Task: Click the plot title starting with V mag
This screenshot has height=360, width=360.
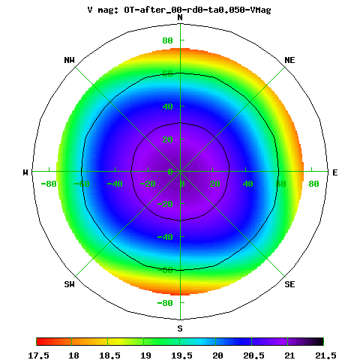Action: tap(179, 10)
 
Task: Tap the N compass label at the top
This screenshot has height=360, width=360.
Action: tap(180, 17)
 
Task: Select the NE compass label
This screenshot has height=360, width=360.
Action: tap(289, 60)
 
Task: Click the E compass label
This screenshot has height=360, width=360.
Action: tap(335, 172)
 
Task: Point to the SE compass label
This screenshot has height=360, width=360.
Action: tap(289, 284)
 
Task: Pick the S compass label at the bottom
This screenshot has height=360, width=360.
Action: tap(180, 328)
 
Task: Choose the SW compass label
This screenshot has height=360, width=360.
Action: tap(69, 284)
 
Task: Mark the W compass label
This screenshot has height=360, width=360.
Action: tap(25, 172)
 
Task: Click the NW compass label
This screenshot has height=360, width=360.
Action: tap(69, 60)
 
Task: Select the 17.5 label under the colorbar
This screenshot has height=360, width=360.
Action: tap(38, 355)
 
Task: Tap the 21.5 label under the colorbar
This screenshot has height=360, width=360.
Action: tap(325, 355)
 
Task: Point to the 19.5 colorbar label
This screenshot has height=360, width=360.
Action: tap(181, 355)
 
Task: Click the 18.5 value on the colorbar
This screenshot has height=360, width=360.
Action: tap(109, 355)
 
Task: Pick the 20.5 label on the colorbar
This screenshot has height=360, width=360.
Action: tap(253, 355)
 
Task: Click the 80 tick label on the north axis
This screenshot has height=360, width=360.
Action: tap(167, 40)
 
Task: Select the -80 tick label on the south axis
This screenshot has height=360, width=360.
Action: tap(165, 303)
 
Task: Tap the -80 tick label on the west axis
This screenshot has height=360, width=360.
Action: tap(49, 184)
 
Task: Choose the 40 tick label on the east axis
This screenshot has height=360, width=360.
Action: tap(247, 184)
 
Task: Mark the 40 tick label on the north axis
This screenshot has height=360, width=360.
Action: tap(167, 106)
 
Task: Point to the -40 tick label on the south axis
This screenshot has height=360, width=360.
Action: tap(165, 237)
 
